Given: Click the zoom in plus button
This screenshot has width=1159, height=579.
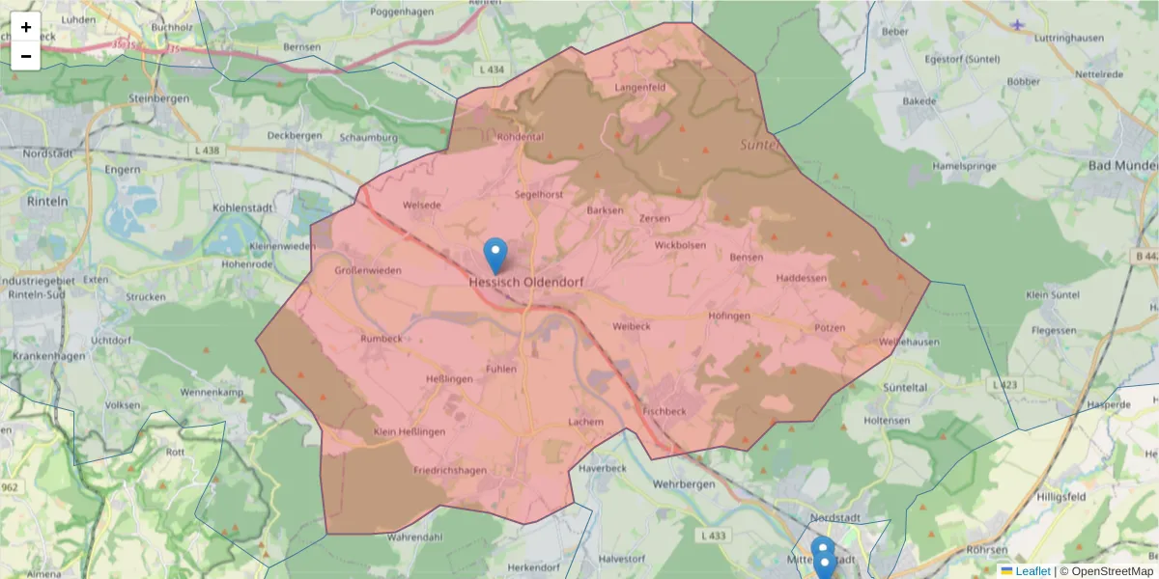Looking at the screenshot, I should pos(26,27).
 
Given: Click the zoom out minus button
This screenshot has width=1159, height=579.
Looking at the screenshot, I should pos(26,56).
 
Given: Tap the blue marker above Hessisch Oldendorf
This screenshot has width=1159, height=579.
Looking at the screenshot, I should pos(495,255).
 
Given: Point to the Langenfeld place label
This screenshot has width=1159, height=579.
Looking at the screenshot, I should pos(640,88).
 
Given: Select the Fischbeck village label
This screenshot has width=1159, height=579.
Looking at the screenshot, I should pos(664,410).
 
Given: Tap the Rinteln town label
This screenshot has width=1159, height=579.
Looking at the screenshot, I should pos(48,202).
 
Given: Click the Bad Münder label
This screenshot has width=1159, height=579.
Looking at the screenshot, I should pos(1122,166).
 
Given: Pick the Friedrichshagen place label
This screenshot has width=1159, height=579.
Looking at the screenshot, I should pos(449,471).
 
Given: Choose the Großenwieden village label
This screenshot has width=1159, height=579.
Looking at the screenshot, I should pos(367,271).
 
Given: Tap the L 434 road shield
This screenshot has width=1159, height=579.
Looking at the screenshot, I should pos(491,69).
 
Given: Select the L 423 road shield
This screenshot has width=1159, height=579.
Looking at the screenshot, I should pos(1004,384).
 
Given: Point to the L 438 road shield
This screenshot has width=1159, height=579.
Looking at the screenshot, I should pos(207,151).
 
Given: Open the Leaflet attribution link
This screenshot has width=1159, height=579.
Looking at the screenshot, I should pos(1032,571).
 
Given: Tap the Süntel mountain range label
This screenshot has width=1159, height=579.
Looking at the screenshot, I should pos(760,145).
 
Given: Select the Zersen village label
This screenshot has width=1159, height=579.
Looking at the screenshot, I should pos(655,218).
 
